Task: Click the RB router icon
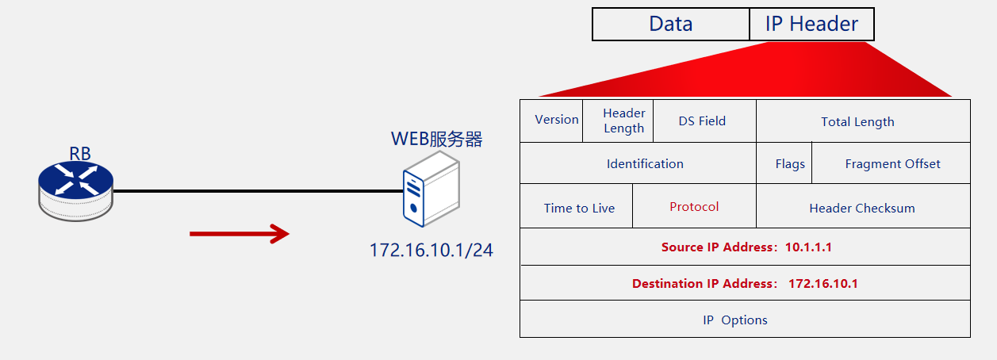click(x=75, y=191)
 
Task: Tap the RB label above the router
click(x=80, y=154)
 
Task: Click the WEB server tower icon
click(x=431, y=190)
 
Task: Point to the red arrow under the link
click(x=240, y=234)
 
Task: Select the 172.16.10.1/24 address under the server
click(x=431, y=250)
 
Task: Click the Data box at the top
click(x=671, y=24)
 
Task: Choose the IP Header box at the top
click(x=812, y=24)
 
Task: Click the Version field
click(x=551, y=121)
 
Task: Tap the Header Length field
click(x=618, y=121)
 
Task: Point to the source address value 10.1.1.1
click(x=808, y=247)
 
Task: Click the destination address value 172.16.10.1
click(x=823, y=283)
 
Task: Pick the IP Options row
click(x=745, y=319)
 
